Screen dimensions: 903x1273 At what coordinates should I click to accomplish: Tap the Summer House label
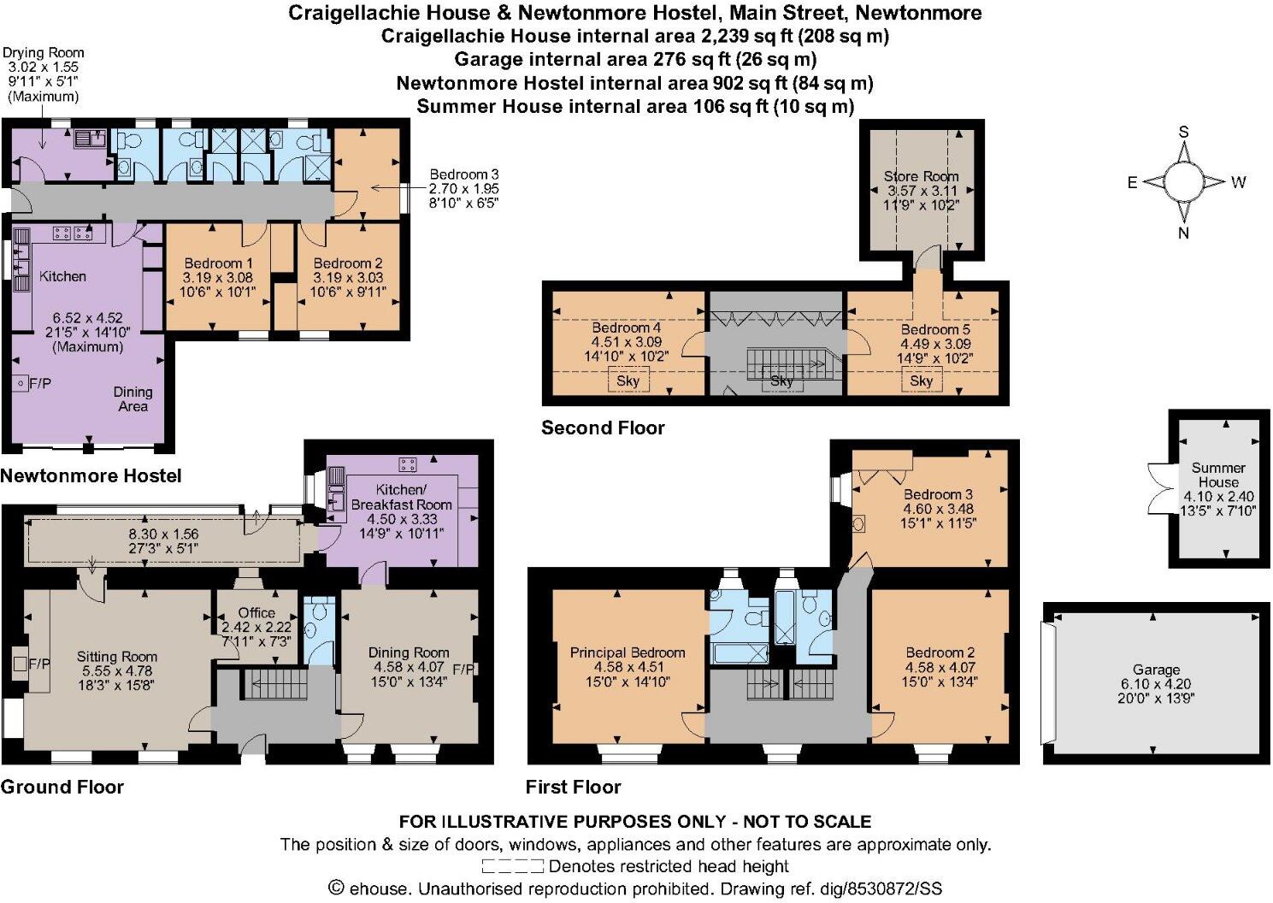click(x=1218, y=475)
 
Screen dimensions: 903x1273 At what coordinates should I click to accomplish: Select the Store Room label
click(x=921, y=176)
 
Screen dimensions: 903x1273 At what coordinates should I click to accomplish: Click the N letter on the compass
click(x=1183, y=233)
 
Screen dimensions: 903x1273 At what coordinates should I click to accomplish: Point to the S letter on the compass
click(x=1184, y=133)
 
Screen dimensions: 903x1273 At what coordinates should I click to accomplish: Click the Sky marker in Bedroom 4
click(x=628, y=381)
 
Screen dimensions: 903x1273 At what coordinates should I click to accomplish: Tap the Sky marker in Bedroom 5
click(x=921, y=381)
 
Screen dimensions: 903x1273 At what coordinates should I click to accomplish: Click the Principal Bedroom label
click(x=628, y=652)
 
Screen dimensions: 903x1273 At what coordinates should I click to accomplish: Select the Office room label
click(x=256, y=612)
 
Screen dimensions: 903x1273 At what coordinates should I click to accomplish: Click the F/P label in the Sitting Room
click(x=39, y=663)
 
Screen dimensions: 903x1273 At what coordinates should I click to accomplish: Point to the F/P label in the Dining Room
click(x=463, y=669)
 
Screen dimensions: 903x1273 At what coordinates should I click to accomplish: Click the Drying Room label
click(x=46, y=53)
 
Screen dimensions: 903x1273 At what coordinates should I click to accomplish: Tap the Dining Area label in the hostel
click(x=133, y=398)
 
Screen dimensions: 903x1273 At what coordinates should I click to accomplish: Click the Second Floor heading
click(x=603, y=428)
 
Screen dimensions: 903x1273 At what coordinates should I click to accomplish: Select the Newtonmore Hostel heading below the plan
click(x=91, y=475)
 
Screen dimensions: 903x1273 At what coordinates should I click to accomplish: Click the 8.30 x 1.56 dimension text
click(x=162, y=534)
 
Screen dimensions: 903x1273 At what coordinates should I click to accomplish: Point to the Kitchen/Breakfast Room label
click(x=401, y=497)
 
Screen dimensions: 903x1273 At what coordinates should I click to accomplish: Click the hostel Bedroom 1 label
click(x=218, y=263)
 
